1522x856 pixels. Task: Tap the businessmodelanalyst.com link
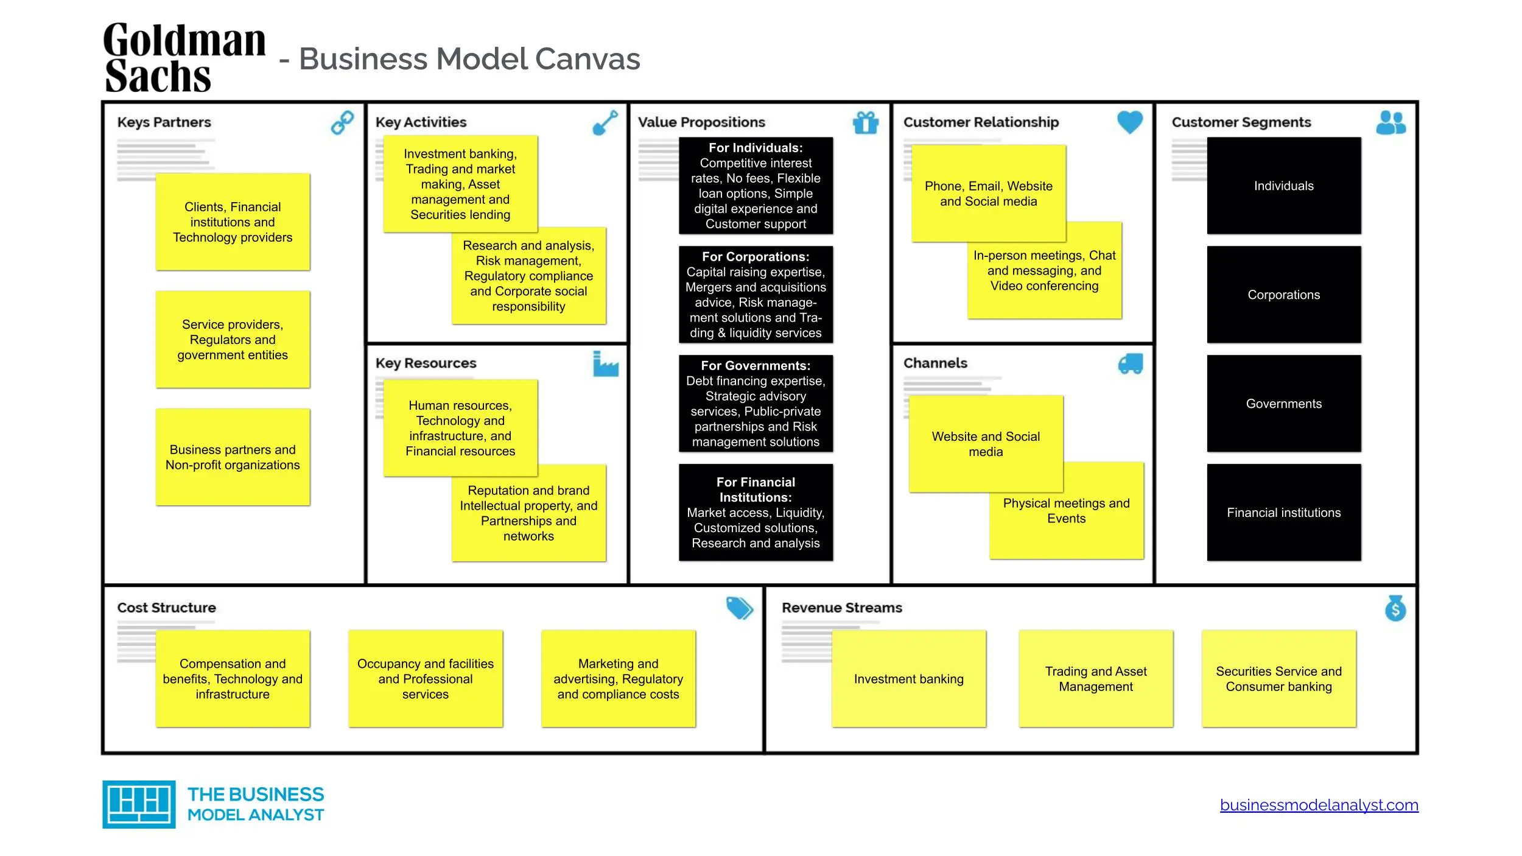[x=1319, y=805]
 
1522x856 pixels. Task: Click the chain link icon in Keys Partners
[x=342, y=122]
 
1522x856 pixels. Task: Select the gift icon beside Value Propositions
[x=866, y=122]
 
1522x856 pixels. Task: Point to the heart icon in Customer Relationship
[x=1130, y=122]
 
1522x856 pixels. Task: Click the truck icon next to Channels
[x=1131, y=364]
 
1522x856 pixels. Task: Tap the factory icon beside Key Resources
[x=606, y=363]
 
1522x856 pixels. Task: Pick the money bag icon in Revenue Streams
[x=1395, y=608]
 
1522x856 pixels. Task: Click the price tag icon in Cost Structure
[x=740, y=608]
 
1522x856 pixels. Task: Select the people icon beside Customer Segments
[x=1391, y=122]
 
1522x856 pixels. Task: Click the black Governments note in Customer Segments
[x=1284, y=403]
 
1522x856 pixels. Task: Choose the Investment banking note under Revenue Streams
[x=909, y=678]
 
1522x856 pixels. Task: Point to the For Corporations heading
[x=756, y=257]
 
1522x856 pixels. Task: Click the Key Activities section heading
[x=421, y=122]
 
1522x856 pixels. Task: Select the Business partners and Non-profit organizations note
[x=233, y=457]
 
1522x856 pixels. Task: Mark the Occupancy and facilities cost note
[x=426, y=678]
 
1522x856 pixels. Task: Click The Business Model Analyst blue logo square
[x=139, y=804]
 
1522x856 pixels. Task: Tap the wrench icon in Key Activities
[x=605, y=122]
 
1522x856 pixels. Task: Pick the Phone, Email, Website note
[x=989, y=193]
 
